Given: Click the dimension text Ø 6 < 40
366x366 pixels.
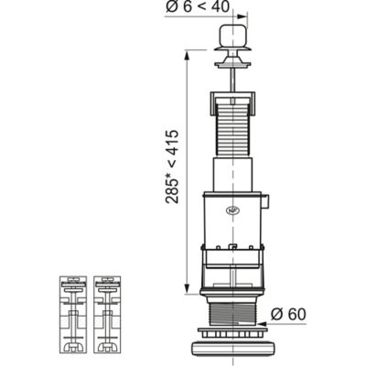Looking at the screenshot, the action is click(198, 6).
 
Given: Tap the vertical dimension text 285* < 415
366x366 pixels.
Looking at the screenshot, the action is click(172, 167).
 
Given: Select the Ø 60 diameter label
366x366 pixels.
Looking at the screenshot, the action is click(288, 315).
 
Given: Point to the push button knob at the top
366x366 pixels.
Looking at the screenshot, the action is click(232, 35).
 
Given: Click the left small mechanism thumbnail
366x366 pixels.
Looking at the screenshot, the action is click(73, 314).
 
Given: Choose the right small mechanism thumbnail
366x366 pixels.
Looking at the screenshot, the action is click(107, 314).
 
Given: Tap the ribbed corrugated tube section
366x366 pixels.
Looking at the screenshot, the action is click(232, 130).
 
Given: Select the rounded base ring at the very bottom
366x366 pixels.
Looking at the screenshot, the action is click(232, 346).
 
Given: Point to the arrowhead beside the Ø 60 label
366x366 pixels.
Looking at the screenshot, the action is click(263, 324).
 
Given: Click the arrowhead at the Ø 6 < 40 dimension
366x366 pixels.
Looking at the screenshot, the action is click(242, 16).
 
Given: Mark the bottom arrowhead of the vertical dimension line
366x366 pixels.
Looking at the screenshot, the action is click(187, 289).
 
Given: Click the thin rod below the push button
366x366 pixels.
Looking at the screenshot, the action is click(233, 80).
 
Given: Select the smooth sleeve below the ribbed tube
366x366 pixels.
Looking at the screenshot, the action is click(232, 175).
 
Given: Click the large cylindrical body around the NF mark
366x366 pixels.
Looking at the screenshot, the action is click(232, 218).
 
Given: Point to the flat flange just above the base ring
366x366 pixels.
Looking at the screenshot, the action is click(232, 332).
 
